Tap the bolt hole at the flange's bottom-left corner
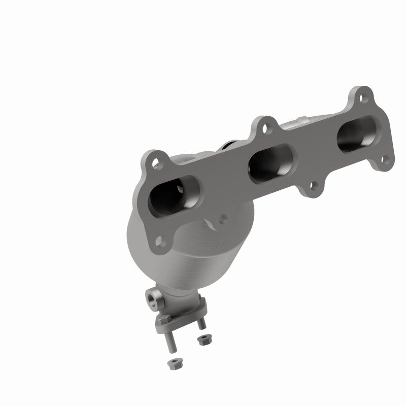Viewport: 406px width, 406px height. [160, 240]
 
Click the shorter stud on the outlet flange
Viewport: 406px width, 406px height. [201, 324]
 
